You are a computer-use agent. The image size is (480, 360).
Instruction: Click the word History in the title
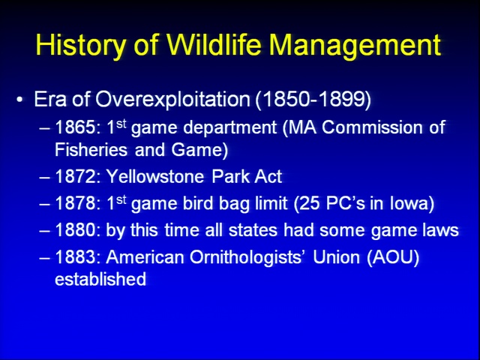80,45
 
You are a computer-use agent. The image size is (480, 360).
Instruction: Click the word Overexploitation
172,100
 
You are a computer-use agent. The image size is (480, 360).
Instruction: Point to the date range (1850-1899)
313,100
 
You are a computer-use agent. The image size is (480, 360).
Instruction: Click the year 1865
76,127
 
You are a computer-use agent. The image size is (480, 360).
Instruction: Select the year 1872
76,176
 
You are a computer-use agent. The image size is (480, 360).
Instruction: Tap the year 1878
76,203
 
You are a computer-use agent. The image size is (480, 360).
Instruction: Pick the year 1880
76,230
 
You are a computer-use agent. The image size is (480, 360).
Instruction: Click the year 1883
76,256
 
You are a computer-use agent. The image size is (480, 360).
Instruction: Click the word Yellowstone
155,176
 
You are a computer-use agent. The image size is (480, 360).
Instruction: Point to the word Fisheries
91,150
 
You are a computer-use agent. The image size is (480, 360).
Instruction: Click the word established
100,279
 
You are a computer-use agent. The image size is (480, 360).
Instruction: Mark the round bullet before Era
20,100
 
